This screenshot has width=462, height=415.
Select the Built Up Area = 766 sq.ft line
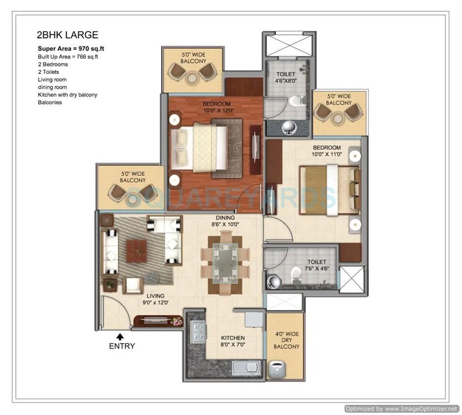68,57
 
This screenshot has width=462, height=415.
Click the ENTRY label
122,346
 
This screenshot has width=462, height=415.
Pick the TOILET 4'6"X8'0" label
287,77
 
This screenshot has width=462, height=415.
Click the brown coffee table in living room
137,249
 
